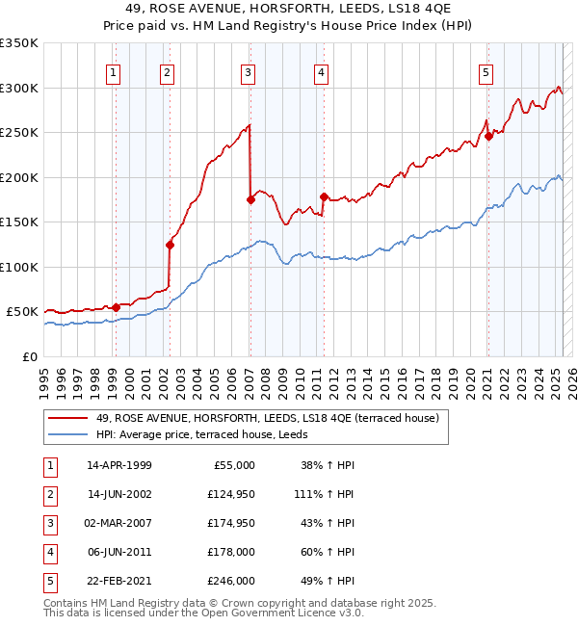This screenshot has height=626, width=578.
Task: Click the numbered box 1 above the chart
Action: coord(114,71)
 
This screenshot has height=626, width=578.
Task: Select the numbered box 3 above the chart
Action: coord(249,71)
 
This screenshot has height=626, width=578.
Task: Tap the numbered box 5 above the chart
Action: coord(486,71)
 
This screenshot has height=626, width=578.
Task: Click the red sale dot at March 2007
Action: coord(250,200)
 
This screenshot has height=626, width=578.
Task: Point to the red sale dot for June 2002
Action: coord(170,245)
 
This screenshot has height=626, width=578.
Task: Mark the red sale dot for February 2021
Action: coord(488,136)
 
